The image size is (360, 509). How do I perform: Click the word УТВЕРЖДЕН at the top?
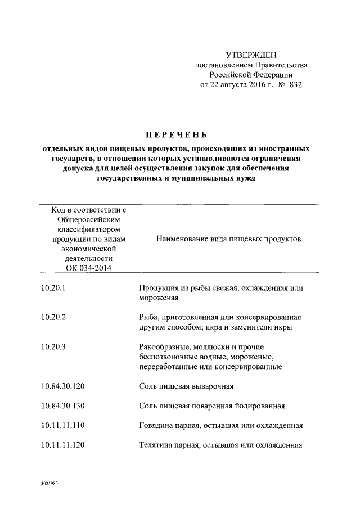(x=251, y=55)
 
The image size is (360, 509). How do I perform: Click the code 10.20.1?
(x=54, y=288)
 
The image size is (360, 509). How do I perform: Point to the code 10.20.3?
(x=54, y=346)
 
